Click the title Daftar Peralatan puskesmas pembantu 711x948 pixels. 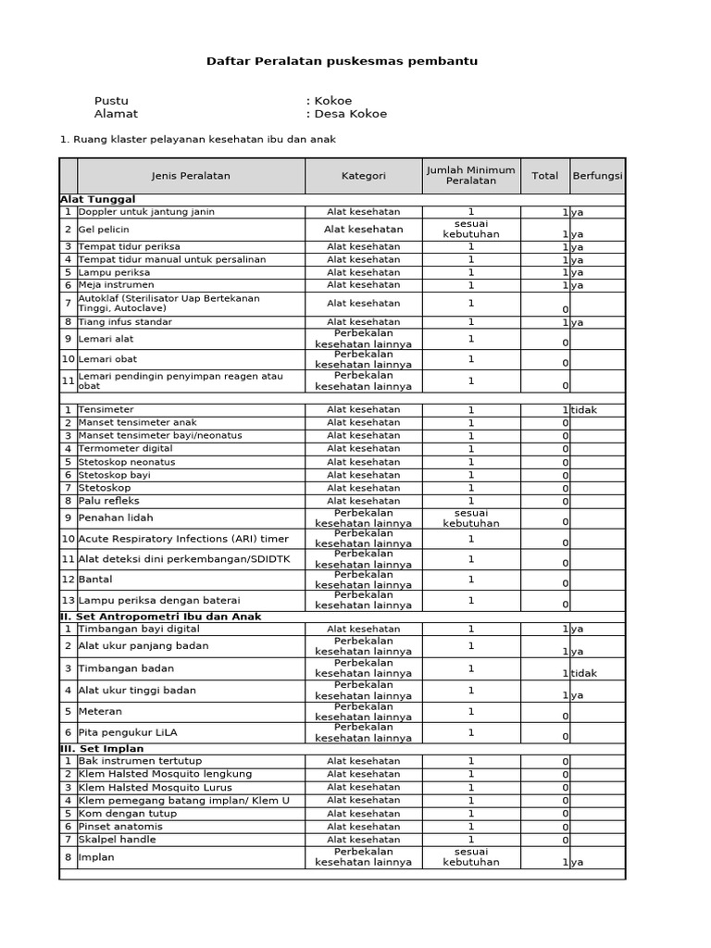pyautogui.click(x=342, y=61)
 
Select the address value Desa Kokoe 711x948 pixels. pyautogui.click(x=349, y=114)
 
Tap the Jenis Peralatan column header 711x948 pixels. pyautogui.click(x=191, y=175)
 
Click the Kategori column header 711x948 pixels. pyautogui.click(x=363, y=175)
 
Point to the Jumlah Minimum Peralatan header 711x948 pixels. pyautogui.click(x=470, y=175)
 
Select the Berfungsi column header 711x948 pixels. pyautogui.click(x=597, y=175)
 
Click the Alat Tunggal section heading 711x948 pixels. pyautogui.click(x=98, y=199)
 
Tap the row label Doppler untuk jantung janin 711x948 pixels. pyautogui.click(x=146, y=212)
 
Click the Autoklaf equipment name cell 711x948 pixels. pyautogui.click(x=169, y=304)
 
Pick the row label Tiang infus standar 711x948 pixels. pyautogui.click(x=125, y=322)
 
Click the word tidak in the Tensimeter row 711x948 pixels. pyautogui.click(x=584, y=409)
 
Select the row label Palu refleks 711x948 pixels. pyautogui.click(x=108, y=501)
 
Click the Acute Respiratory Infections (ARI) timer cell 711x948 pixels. pyautogui.click(x=183, y=539)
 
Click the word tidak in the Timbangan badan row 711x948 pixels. pyautogui.click(x=584, y=673)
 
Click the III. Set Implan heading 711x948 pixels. pyautogui.click(x=101, y=749)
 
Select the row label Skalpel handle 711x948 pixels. pyautogui.click(x=117, y=840)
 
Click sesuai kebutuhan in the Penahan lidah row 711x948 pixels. pyautogui.click(x=470, y=518)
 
